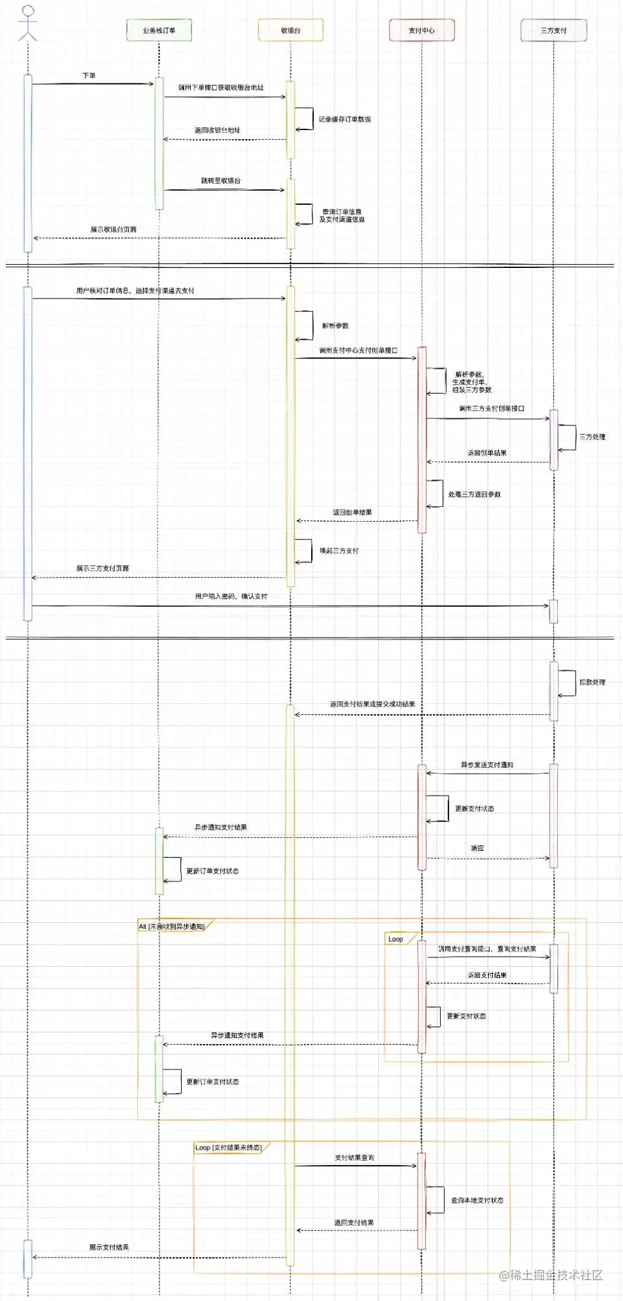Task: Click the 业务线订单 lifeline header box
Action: [x=159, y=31]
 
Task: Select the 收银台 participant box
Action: [x=290, y=31]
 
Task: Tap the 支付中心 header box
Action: [x=422, y=31]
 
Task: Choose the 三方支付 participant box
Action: [x=553, y=31]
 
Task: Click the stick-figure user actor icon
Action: [x=27, y=23]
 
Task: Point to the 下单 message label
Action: [x=89, y=75]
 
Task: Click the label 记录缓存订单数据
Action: [x=344, y=120]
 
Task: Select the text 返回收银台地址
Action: [x=217, y=130]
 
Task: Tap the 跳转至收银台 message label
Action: [x=221, y=180]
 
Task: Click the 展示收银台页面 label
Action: [x=113, y=230]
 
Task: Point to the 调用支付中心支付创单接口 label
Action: [x=358, y=350]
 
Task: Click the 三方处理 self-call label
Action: [x=592, y=437]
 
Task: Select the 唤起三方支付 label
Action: [x=339, y=551]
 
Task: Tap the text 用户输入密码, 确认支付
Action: [x=231, y=596]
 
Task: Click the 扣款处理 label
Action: [x=592, y=682]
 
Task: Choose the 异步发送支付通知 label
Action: [x=487, y=765]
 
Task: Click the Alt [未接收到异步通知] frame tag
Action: [x=172, y=926]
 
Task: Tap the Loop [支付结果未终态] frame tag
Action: [x=228, y=1147]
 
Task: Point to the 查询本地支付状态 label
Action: [x=477, y=1200]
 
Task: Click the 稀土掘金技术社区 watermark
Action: [x=551, y=1275]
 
